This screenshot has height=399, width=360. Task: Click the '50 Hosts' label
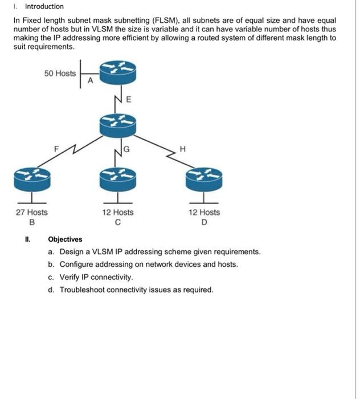(60, 73)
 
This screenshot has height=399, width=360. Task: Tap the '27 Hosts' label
(32, 212)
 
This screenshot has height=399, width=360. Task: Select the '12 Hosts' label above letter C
(118, 212)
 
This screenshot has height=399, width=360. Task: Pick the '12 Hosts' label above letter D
(204, 212)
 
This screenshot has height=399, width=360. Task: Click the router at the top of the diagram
(118, 71)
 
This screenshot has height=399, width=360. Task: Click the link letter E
(128, 99)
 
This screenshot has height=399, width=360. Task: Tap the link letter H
(182, 149)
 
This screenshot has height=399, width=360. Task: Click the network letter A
(90, 81)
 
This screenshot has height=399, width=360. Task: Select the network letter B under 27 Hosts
(32, 222)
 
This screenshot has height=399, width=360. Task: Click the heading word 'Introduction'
(44, 6)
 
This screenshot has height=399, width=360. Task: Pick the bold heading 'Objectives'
(65, 239)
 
